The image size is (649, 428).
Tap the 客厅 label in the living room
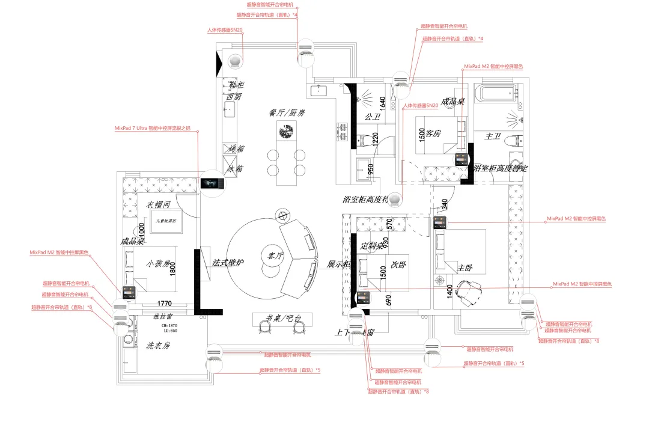pos(267,255)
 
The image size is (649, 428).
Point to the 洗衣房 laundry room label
pos(159,346)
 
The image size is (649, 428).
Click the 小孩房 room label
pos(159,263)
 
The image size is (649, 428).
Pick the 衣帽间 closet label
pos(159,204)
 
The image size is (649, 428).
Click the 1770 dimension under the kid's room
pos(165,304)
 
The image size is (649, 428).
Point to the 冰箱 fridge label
pos(236,169)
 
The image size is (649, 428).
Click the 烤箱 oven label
pos(236,148)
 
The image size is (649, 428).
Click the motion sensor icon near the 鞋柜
pos(235,61)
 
